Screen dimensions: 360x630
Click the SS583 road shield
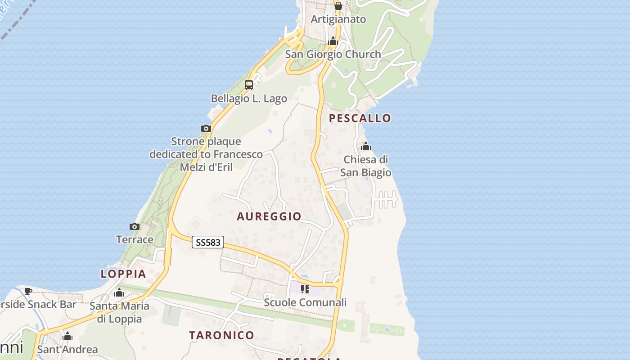coord(208,242)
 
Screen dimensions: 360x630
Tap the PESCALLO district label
coord(360,118)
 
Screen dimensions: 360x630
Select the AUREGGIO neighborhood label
coord(269,216)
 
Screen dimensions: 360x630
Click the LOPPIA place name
coord(123,274)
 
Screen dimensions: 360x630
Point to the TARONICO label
coord(222,335)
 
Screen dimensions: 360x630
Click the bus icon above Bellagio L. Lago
coord(249,85)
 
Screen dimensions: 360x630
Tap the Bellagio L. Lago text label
coord(249,98)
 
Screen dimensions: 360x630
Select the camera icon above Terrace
coord(135,226)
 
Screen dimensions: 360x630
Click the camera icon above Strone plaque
coord(206,128)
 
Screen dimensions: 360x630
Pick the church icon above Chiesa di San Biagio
coord(365,146)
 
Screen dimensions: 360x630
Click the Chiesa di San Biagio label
coord(365,166)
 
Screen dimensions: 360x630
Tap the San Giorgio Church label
coord(333,54)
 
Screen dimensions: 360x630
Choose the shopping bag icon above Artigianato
coord(338,6)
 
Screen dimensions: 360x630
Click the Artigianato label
coord(338,19)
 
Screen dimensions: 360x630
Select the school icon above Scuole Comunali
coord(305,289)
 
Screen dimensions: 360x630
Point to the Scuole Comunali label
coord(305,302)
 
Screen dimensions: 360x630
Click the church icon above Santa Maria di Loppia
coord(119,293)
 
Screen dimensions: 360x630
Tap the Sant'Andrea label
coord(67,349)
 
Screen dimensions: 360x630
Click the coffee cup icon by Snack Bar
coord(28,291)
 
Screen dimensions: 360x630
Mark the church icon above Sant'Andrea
coord(67,336)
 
